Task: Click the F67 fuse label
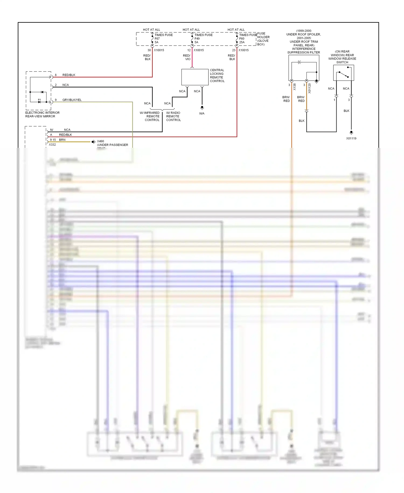tap(157, 39)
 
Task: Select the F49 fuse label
tap(197, 39)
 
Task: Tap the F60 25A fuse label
tap(242, 40)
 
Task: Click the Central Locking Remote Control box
tap(195, 77)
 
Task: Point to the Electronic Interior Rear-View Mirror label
tap(42, 114)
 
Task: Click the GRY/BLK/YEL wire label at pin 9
tap(72, 100)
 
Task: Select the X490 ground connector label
tap(100, 141)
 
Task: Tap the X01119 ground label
tap(351, 138)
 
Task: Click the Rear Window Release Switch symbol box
tap(343, 73)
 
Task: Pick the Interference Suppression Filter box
tap(304, 68)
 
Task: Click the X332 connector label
tap(52, 145)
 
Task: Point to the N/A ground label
tap(202, 114)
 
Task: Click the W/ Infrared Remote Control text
tap(150, 116)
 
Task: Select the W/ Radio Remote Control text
tap(173, 116)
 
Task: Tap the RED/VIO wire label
tap(187, 57)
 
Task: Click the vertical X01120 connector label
tap(309, 88)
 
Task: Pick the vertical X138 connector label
tap(294, 87)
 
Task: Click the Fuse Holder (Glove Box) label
tap(263, 39)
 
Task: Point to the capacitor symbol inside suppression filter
tap(299, 62)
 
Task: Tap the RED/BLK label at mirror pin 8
tap(69, 75)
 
